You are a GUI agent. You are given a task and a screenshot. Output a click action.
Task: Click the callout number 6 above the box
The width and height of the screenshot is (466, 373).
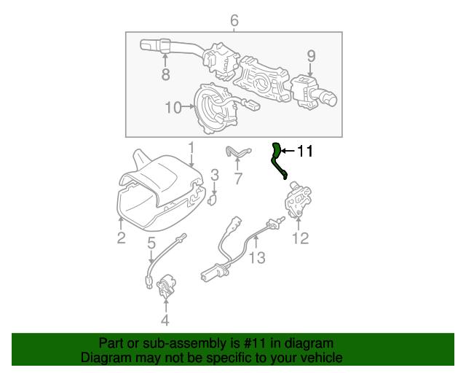point(234,20)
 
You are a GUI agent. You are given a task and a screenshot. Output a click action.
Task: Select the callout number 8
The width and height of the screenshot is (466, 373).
point(165,74)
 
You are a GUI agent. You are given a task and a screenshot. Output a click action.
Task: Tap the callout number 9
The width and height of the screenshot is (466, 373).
point(311,55)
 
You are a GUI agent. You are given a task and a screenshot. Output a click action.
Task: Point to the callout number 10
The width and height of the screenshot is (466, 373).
point(173,108)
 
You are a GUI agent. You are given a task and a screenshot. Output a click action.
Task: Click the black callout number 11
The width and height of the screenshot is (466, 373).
point(304,152)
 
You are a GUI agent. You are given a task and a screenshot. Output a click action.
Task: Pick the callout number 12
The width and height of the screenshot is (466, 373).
point(300,237)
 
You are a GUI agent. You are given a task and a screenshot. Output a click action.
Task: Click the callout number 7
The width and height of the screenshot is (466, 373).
point(237,178)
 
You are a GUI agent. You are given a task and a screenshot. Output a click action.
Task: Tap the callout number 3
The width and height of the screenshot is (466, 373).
point(215,175)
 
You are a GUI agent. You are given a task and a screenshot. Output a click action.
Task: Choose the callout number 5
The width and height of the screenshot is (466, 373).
point(151,243)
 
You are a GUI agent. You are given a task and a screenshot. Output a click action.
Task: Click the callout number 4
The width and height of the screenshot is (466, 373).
point(165,320)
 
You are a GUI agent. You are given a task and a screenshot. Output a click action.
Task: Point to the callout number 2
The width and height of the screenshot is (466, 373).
point(121,237)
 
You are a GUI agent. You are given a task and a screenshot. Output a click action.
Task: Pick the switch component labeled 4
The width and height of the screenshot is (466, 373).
point(167,286)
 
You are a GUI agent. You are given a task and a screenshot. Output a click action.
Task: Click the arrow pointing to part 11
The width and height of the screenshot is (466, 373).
point(287,152)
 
